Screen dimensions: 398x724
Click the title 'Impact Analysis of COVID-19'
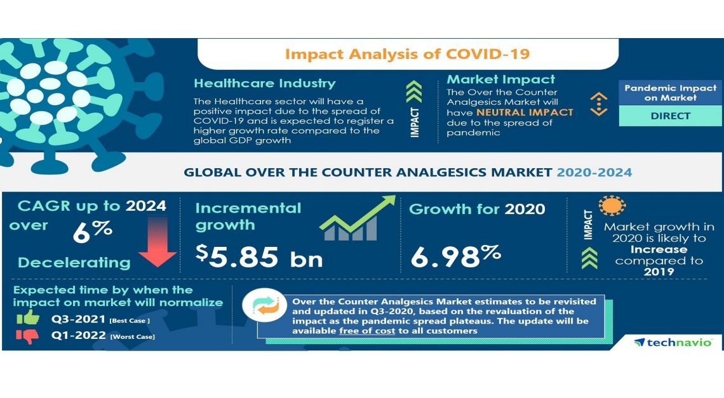click(x=407, y=53)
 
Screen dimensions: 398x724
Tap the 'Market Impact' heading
click(x=501, y=79)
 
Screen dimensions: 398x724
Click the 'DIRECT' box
click(x=670, y=116)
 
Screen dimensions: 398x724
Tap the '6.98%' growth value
click(x=455, y=256)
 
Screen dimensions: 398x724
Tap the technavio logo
click(x=673, y=343)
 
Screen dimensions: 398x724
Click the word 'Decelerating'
click(x=74, y=262)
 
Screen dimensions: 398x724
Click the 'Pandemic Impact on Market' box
click(x=670, y=93)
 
